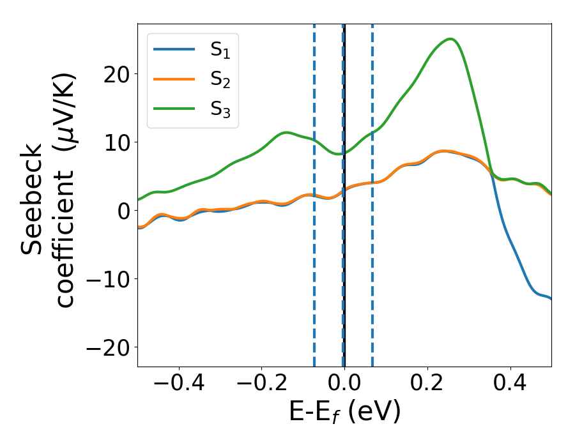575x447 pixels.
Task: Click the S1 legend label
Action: pyautogui.click(x=220, y=51)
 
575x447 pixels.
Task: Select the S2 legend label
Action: pyautogui.click(x=220, y=80)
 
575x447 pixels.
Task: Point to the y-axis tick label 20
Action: pyautogui.click(x=113, y=73)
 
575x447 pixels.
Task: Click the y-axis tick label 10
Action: pyautogui.click(x=113, y=142)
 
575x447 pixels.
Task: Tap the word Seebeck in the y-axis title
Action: pyautogui.click(x=33, y=198)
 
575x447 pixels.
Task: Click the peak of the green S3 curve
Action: pyautogui.click(x=450, y=39)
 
